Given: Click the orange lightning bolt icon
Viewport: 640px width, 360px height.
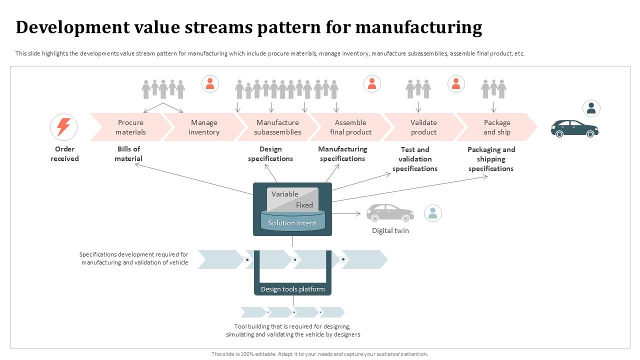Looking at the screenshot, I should tap(63, 127).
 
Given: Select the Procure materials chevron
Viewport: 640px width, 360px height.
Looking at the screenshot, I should tap(130, 127).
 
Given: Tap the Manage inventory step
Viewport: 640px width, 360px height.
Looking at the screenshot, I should tap(204, 127).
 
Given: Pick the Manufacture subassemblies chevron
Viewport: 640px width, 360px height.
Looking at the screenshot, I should tap(277, 127).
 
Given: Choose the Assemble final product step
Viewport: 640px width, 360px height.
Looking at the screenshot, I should tap(350, 127).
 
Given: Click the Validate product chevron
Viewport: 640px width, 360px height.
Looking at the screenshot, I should tap(423, 127).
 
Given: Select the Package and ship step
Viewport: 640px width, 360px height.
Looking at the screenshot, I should tap(496, 127).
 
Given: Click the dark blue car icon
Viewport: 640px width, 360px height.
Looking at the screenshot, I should tap(574, 128).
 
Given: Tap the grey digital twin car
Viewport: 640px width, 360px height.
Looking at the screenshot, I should tap(390, 212).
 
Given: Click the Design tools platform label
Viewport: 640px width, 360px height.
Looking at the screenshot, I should tap(292, 289).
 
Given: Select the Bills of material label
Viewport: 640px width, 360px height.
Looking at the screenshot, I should tap(128, 154).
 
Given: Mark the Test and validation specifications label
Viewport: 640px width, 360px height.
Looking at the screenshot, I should tap(414, 159).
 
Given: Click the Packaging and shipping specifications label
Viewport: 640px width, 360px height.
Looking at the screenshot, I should tap(491, 159).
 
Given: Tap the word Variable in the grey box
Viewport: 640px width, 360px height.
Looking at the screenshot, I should tap(285, 194).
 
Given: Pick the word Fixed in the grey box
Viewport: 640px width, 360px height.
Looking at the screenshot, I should tap(304, 205).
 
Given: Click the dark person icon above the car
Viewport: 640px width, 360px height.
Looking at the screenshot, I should tap(591, 108).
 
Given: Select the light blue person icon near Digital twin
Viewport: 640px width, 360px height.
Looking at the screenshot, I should tap(432, 213).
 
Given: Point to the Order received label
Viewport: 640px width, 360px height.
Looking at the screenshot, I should tap(64, 154).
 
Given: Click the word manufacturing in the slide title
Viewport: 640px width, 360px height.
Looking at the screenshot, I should tap(418, 27).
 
